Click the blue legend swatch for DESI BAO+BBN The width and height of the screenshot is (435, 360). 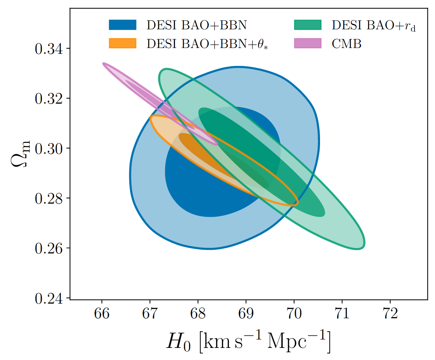click(x=123, y=25)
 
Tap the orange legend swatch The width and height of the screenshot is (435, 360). click(x=123, y=44)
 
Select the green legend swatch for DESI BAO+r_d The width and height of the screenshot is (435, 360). click(x=308, y=25)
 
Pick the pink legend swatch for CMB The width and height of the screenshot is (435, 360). click(x=308, y=44)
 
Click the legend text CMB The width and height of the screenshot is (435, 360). click(x=346, y=44)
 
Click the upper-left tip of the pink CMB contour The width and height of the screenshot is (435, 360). click(x=104, y=64)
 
